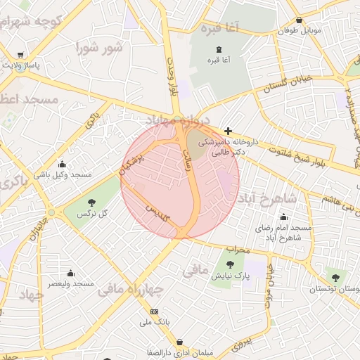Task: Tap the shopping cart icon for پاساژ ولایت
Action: tap(21, 55)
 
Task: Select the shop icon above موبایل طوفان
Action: tap(300, 20)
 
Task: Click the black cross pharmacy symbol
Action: tap(228, 131)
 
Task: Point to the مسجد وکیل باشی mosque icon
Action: tap(62, 164)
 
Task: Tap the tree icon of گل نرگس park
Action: tap(91, 201)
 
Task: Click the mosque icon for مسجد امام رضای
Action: tap(283, 217)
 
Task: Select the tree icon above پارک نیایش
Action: tap(230, 264)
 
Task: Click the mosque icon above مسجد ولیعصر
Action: tap(70, 273)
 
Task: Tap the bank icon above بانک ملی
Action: tap(155, 311)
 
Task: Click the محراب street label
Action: tap(239, 249)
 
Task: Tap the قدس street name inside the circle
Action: tap(157, 212)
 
